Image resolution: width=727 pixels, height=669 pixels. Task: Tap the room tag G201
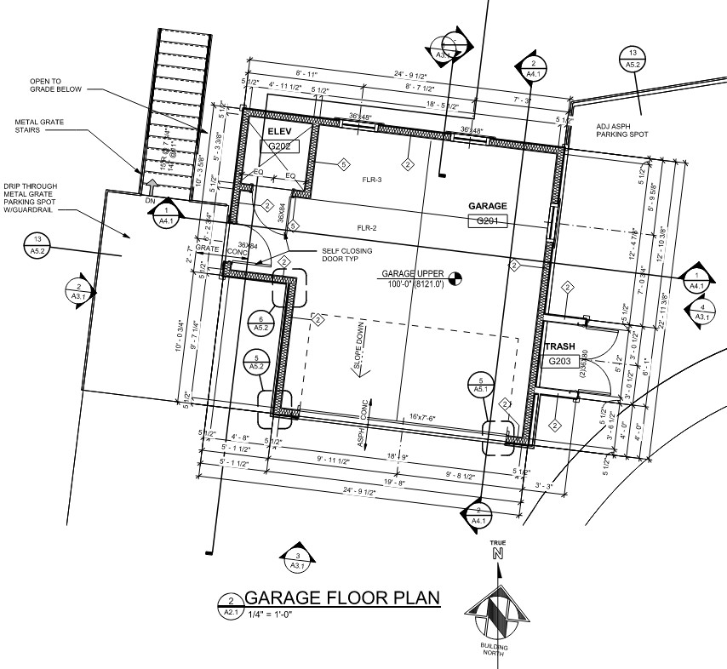[488, 221]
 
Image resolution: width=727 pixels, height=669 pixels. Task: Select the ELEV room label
[279, 132]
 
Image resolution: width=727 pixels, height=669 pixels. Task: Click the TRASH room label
[560, 346]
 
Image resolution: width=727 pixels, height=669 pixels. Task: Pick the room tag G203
[559, 361]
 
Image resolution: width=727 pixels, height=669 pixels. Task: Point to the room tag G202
[279, 146]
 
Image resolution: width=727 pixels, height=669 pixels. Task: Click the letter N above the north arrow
[497, 554]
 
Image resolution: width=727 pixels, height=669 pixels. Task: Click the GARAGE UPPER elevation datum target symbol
[454, 277]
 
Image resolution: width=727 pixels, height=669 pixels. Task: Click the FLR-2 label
[367, 227]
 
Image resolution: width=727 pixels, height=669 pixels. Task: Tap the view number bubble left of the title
[230, 605]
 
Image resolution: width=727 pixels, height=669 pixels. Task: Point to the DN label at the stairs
[150, 201]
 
